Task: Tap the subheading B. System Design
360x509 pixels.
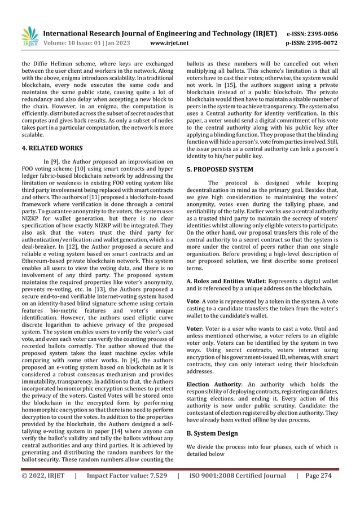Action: (x=212, y=433)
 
